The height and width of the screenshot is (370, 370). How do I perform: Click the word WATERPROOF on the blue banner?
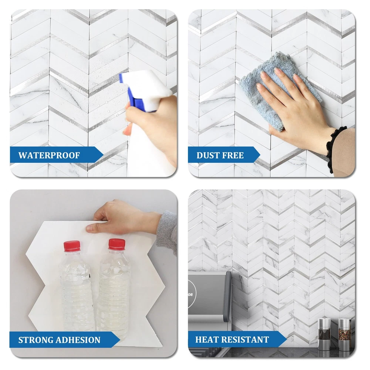[49, 155]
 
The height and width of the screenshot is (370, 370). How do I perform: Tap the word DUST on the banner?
[207, 155]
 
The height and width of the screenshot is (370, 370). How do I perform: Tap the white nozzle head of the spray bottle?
[146, 85]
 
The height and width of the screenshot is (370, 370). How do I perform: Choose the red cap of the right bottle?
[117, 244]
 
